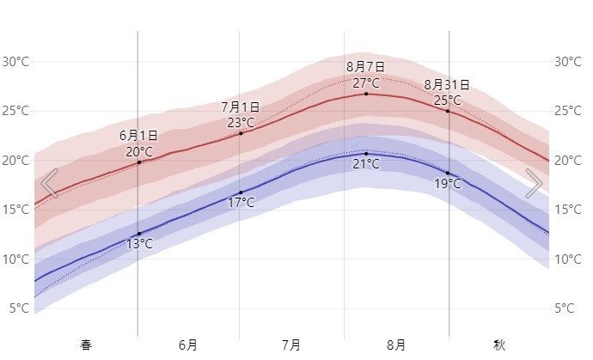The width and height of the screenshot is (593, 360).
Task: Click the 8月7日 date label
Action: [x=366, y=66]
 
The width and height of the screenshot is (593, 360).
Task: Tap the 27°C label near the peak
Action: [x=366, y=82]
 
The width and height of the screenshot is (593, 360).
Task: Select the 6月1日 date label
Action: [x=138, y=136]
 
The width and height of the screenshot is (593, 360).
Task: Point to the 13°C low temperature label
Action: [x=139, y=244]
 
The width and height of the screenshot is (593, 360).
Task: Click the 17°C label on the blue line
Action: [x=241, y=203]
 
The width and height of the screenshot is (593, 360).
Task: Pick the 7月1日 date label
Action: [x=241, y=107]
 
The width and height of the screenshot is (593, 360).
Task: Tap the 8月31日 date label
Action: [x=447, y=85]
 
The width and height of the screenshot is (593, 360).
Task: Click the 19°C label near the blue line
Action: [x=447, y=184]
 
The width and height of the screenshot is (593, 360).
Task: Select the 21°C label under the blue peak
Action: [x=366, y=163]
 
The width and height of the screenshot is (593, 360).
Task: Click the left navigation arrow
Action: [x=50, y=183]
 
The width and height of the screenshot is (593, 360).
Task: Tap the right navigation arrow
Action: [x=534, y=183]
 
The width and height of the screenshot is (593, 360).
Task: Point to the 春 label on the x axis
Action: [x=86, y=345]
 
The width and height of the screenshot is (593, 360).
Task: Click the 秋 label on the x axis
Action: [x=499, y=345]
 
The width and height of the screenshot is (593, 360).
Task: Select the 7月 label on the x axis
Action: [x=291, y=345]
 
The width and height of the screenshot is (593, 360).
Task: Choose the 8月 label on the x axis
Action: [x=396, y=345]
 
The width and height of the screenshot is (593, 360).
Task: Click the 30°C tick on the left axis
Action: [x=15, y=62]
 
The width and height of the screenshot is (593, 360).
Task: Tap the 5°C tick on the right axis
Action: [x=565, y=308]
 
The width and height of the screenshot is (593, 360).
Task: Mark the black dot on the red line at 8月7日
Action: [x=366, y=94]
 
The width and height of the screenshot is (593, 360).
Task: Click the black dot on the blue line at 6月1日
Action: [x=139, y=234]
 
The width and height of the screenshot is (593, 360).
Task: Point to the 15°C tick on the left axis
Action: [x=15, y=210]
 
